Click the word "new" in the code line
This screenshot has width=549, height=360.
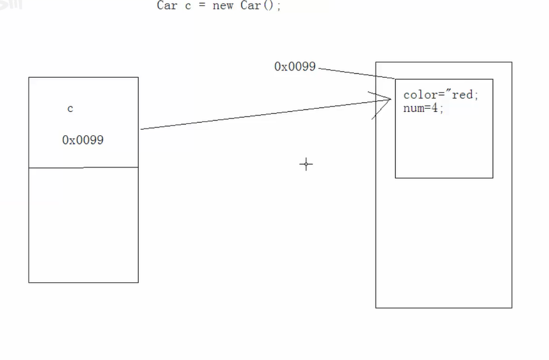click(x=222, y=7)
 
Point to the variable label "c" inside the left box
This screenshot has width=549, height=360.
click(x=70, y=109)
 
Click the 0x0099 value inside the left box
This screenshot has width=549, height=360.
click(x=83, y=140)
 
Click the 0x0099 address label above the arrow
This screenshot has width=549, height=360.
click(x=294, y=66)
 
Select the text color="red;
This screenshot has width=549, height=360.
click(x=441, y=95)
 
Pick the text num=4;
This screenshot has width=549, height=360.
click(x=423, y=108)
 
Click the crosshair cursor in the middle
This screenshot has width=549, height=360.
click(x=306, y=164)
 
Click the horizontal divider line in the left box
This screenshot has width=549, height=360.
click(x=83, y=167)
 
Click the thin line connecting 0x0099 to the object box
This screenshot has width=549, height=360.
click(x=356, y=73)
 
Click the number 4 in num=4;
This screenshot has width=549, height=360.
click(x=437, y=108)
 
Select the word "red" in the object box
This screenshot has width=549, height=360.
click(x=462, y=95)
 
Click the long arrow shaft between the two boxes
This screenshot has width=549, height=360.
click(x=263, y=114)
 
